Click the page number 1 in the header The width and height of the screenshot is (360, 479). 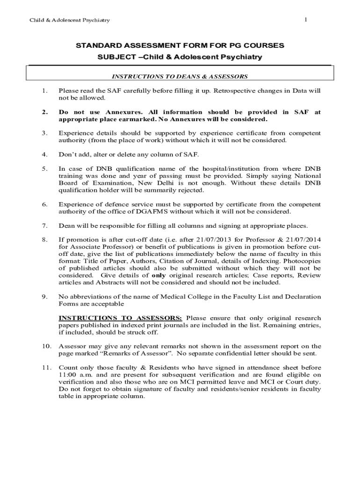pos(306,19)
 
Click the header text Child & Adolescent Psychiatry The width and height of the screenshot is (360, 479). pos(70,20)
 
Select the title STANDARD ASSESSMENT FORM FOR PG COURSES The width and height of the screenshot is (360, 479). pos(180,46)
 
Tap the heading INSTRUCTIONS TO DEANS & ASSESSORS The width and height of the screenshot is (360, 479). pos(179,76)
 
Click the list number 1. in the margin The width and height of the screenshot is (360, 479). pos(45,91)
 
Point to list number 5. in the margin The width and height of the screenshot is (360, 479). pos(45,168)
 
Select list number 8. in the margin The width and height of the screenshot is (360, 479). pos(45,240)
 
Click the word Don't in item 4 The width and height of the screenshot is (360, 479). pos(66,153)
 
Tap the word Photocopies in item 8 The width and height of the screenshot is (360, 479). pos(303,261)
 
